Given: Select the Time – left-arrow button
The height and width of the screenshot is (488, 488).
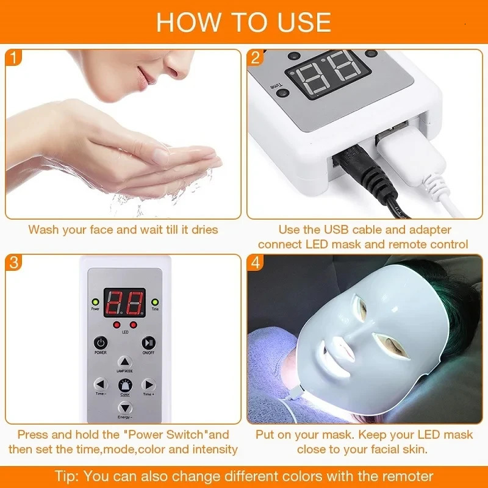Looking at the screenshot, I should (x=101, y=384).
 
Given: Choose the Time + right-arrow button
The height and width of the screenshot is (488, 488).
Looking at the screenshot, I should (x=148, y=384).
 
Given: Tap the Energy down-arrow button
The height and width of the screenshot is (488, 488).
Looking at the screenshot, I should (x=124, y=407).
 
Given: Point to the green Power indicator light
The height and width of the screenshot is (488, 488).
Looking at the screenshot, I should (x=95, y=301).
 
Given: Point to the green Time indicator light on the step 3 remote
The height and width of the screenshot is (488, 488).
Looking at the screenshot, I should (x=155, y=301).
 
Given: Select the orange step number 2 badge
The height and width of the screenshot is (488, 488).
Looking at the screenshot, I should (x=256, y=59).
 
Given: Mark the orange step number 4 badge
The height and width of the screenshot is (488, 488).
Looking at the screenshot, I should (x=256, y=264).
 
